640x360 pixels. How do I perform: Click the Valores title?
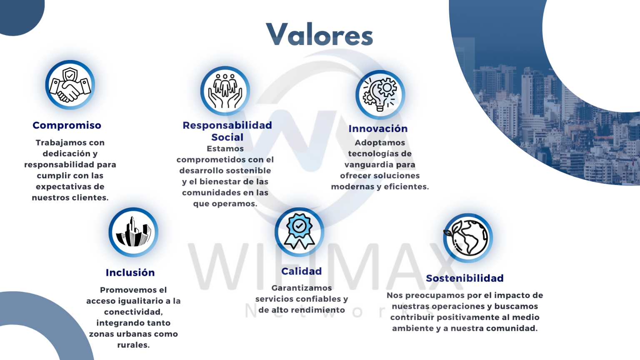[320, 35]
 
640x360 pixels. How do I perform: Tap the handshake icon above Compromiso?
[70, 85]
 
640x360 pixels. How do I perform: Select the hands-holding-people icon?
[225, 91]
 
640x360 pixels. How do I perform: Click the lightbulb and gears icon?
[380, 95]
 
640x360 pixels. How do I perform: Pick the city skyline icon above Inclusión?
[133, 232]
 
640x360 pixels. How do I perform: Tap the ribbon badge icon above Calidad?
[299, 231]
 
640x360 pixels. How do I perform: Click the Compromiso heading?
[67, 125]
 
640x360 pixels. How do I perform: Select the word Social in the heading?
[227, 137]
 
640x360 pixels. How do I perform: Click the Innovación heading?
[378, 129]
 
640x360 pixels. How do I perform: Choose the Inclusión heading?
[130, 272]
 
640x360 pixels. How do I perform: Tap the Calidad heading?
[301, 271]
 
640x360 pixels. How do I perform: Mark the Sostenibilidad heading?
[465, 278]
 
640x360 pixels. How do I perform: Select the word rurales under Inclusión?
[133, 345]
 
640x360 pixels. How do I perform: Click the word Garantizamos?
[302, 288]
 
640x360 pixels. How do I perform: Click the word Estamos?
[225, 149]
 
